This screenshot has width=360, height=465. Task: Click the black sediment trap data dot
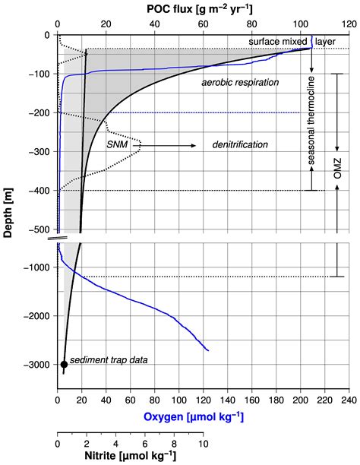64,365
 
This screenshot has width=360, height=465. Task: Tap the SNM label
118,140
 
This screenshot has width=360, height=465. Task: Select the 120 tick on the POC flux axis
349,24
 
